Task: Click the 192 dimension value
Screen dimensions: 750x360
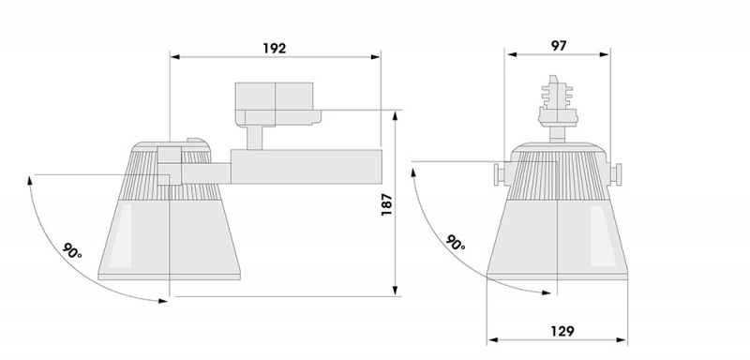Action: click(x=275, y=49)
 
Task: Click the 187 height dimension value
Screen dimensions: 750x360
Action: click(x=386, y=204)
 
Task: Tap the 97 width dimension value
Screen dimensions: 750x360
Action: click(x=559, y=46)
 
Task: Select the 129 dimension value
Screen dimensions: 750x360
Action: click(x=562, y=331)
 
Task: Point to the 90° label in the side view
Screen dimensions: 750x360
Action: click(x=72, y=251)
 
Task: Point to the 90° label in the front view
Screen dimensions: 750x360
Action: click(x=456, y=243)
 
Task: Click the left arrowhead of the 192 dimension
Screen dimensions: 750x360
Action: click(x=175, y=57)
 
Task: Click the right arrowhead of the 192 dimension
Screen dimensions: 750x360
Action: click(x=376, y=57)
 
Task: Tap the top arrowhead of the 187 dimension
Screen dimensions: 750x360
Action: click(x=395, y=116)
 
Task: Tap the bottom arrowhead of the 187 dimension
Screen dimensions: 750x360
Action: click(x=395, y=291)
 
